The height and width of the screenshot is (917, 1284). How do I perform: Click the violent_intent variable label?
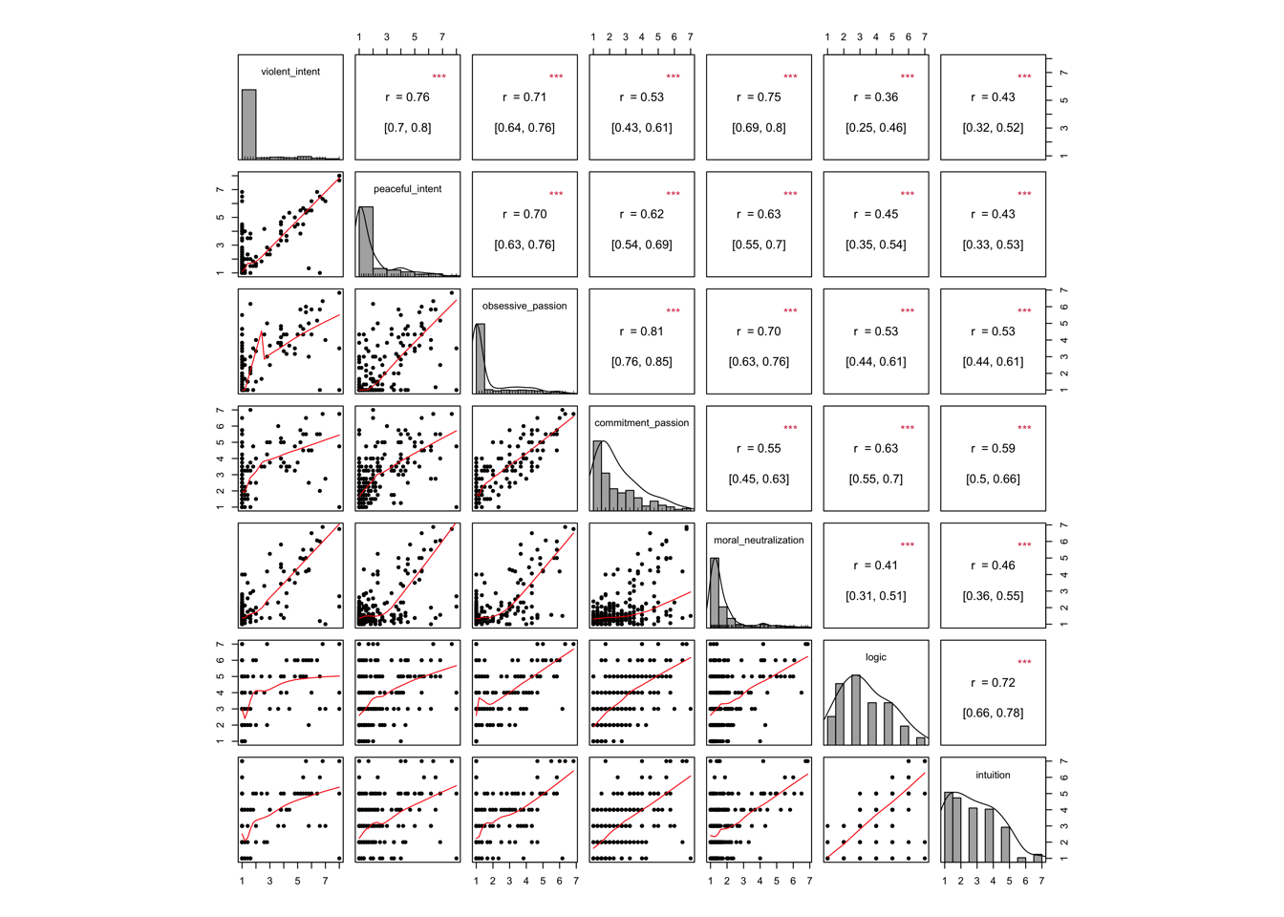coord(290,72)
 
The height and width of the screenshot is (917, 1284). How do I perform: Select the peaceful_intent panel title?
coord(407,189)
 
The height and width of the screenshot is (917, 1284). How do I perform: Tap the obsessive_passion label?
coord(524,306)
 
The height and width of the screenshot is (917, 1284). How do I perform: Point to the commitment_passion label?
coord(641,423)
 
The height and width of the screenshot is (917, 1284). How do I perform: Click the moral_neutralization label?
coord(759,541)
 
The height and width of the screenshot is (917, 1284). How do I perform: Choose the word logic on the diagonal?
coord(875,657)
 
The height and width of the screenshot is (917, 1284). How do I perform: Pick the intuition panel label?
coord(993,775)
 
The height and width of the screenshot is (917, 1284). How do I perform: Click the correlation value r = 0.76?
coord(407,97)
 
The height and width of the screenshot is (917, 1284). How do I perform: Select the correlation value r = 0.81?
coord(641,331)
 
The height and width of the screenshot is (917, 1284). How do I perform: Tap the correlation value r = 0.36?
coord(875,97)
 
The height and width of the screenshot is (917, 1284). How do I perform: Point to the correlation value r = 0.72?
coord(993,683)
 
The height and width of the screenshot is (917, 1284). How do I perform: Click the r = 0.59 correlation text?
coord(993,449)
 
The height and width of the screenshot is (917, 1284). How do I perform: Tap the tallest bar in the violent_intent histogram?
coord(248,124)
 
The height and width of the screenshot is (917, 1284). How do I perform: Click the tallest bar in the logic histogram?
coord(857,711)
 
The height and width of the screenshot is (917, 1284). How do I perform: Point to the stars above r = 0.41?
coord(907,545)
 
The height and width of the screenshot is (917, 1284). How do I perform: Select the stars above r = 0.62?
coord(673,194)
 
